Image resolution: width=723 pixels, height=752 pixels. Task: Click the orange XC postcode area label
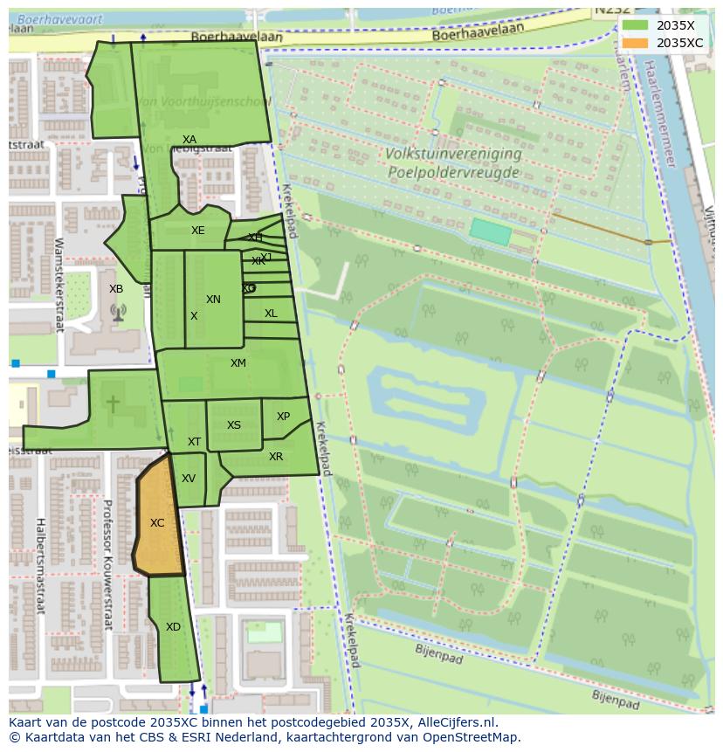coord(157,523)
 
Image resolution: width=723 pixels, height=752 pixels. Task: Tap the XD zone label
coord(173,627)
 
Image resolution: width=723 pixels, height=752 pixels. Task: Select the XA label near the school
coord(189,140)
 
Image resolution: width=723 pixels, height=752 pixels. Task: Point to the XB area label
coord(116,289)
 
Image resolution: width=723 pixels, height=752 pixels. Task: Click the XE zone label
coord(198,231)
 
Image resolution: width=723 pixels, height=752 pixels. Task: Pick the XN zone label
coord(213,300)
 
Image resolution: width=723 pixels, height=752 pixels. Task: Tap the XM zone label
coord(238,363)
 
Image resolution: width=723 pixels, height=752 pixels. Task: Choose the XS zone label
coord(234,425)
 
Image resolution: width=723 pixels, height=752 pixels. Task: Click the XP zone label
coord(283,417)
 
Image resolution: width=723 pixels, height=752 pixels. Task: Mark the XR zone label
coord(276,457)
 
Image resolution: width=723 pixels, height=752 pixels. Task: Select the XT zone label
coord(194,442)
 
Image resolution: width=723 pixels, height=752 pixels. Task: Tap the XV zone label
coord(189,479)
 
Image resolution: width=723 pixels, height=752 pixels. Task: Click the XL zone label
coord(271,314)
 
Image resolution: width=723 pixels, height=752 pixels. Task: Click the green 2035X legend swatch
coord(635,26)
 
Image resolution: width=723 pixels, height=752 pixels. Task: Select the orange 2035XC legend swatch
coord(635,43)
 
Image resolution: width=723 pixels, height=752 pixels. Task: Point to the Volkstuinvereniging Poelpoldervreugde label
coord(454,163)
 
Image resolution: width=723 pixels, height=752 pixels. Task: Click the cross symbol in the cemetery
coord(113,404)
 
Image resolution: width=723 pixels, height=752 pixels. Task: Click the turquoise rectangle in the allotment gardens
coord(490,231)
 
